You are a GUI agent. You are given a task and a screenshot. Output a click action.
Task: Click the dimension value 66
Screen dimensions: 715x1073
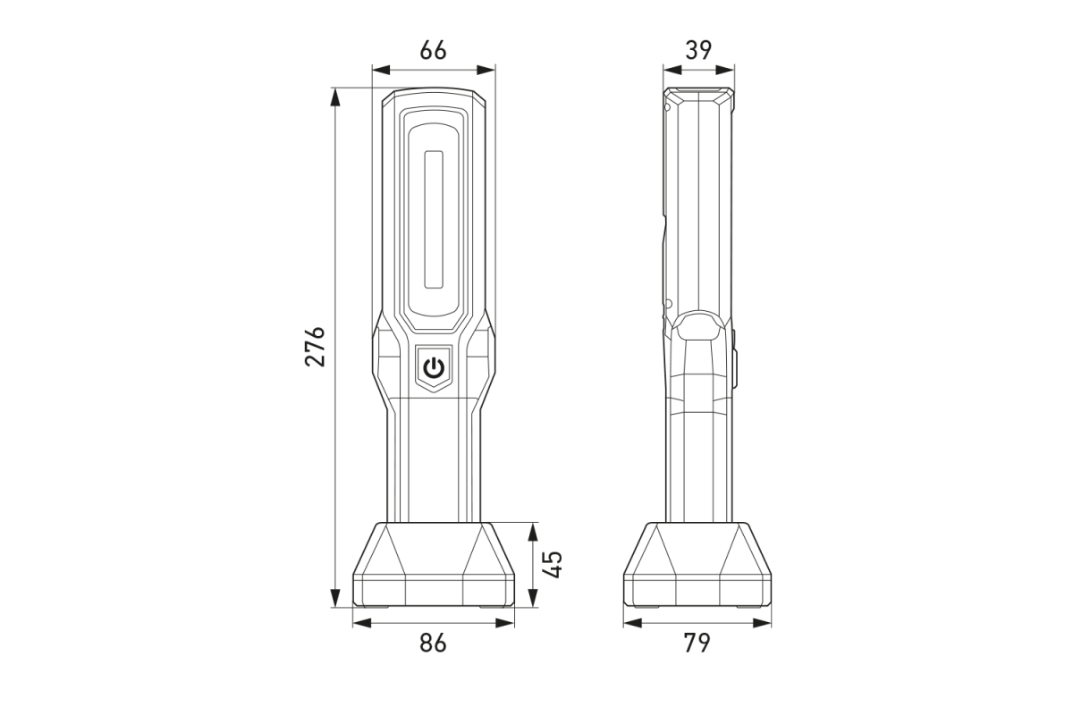point(434,51)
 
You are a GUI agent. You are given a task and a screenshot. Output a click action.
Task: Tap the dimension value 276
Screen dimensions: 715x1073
point(315,346)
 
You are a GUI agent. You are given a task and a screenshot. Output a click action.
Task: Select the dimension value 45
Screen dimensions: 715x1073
point(553,565)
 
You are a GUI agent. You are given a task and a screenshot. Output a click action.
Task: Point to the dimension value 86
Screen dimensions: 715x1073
point(434,643)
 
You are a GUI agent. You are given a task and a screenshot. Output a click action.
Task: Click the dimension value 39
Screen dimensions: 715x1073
point(698,50)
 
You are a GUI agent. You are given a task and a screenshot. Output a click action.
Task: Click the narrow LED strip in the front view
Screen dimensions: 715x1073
point(434,219)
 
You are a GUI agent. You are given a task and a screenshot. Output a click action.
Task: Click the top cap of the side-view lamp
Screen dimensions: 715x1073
point(698,93)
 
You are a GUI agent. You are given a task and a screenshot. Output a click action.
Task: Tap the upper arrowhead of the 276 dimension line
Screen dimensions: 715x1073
point(335,95)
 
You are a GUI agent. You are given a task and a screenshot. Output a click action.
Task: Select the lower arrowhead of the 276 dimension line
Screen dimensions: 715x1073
point(335,601)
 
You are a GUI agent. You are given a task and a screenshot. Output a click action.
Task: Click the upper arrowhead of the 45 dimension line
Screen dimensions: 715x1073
point(532,529)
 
